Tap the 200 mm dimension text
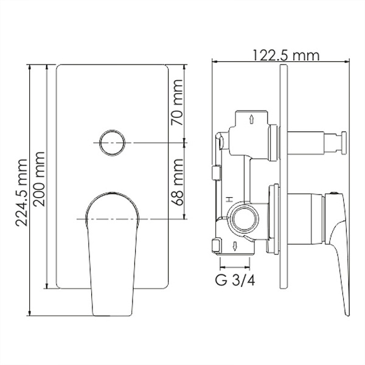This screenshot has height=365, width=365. (x=38, y=176)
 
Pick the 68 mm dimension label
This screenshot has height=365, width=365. (x=177, y=179)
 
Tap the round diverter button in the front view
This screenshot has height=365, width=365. (x=112, y=144)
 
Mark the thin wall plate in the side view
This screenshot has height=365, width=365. (x=283, y=182)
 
